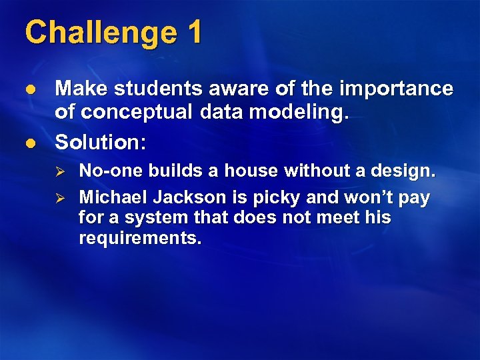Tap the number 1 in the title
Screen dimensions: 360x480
click(194, 32)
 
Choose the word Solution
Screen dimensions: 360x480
click(100, 141)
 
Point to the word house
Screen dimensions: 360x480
click(253, 171)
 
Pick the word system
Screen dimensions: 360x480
click(147, 218)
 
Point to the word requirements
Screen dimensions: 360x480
click(139, 238)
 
